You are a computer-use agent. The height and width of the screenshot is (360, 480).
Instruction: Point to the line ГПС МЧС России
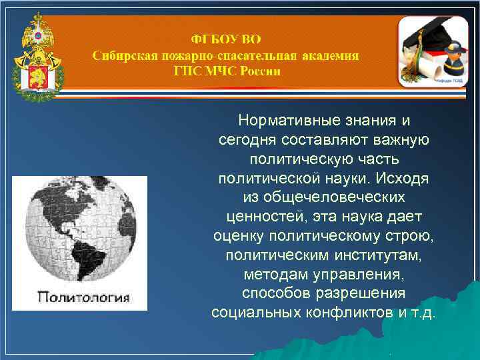(x=226, y=71)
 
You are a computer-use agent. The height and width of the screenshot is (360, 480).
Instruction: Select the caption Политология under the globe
(x=83, y=296)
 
